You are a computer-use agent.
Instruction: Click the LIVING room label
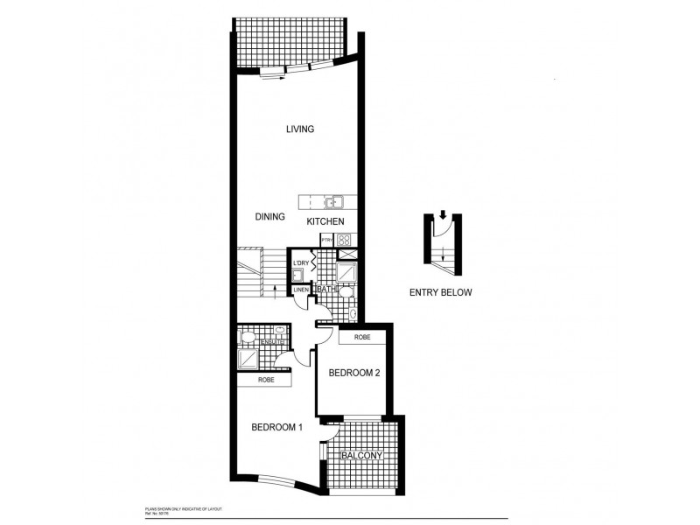point(299,129)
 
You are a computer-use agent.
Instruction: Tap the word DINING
point(271,216)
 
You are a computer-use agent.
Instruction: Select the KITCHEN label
point(331,222)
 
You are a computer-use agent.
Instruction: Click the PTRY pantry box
point(327,240)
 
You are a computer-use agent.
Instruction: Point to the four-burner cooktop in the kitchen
point(344,240)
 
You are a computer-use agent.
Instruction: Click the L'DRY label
point(301,262)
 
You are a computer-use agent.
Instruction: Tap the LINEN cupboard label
point(300,290)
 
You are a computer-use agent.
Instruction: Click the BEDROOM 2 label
point(353,374)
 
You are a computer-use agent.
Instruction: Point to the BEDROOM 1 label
point(276,427)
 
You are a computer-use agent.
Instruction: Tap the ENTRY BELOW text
point(440,293)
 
